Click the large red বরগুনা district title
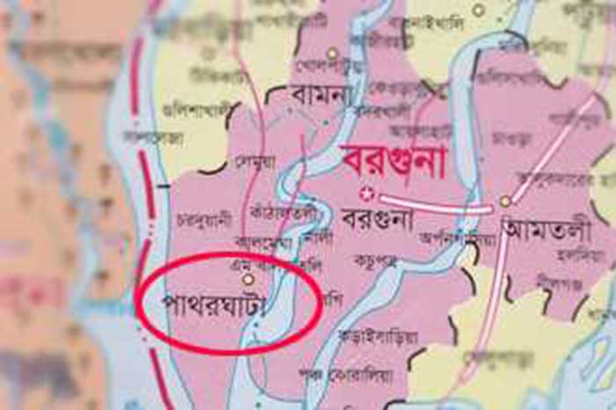[394, 162]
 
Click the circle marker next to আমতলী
[505, 201]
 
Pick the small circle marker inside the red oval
[248, 279]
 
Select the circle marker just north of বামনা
[333, 54]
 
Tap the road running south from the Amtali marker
[493, 290]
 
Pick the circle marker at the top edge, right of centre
[479, 11]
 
